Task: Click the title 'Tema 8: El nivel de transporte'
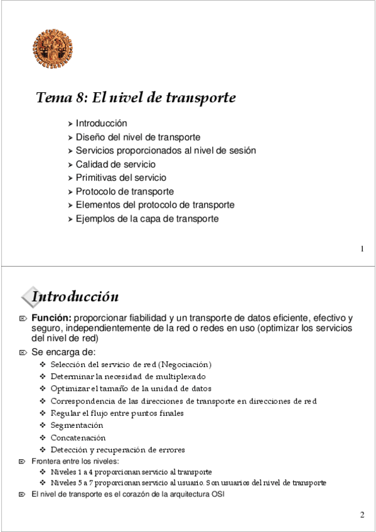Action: [136, 98]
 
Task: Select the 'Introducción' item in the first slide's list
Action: [101, 124]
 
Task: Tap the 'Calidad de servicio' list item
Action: [115, 164]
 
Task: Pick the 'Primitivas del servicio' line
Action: [121, 178]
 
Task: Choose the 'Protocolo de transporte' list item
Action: [125, 191]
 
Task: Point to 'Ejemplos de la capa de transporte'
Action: [147, 219]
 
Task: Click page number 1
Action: [362, 250]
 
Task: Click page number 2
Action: [362, 516]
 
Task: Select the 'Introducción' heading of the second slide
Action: [75, 296]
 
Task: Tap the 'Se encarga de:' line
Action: [63, 352]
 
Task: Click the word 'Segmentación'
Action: [77, 425]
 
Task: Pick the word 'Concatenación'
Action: [78, 438]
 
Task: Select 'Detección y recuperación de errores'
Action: [118, 450]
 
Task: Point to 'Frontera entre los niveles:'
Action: [75, 461]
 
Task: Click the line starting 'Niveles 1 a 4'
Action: [131, 472]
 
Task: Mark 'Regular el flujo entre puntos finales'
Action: [117, 413]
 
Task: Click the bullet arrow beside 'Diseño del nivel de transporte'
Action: [70, 137]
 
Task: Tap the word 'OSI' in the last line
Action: [217, 494]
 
